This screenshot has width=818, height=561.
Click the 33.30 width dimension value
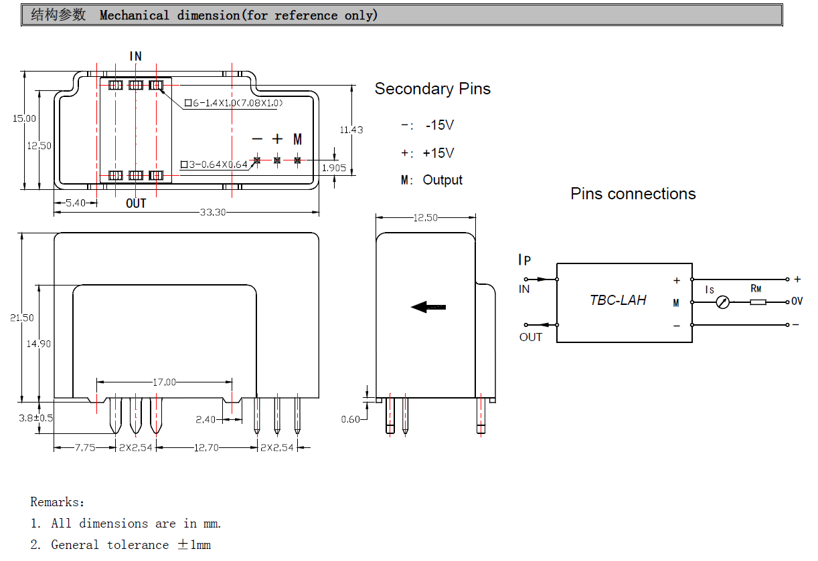click(213, 213)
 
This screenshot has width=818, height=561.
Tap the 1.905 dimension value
click(334, 168)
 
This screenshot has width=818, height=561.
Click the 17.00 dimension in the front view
click(165, 382)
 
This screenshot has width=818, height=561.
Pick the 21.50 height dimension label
click(22, 318)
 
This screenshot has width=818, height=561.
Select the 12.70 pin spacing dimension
click(206, 447)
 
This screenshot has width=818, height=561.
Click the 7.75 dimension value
click(85, 447)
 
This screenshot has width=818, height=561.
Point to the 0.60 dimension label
click(350, 419)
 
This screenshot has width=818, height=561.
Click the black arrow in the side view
click(428, 307)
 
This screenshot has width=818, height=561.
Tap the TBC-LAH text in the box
click(618, 300)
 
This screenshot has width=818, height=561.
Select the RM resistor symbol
click(758, 302)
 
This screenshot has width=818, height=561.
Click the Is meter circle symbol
click(722, 303)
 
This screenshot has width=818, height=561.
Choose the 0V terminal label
click(797, 302)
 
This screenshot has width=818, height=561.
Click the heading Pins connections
click(633, 194)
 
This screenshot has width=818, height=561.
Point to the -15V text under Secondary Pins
click(439, 125)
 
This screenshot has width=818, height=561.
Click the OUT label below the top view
click(136, 203)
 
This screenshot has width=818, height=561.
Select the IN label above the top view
click(136, 57)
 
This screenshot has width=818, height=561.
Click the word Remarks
click(57, 501)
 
